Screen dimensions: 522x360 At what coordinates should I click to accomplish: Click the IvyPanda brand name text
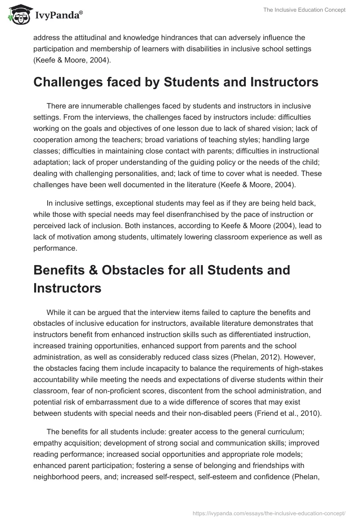tap(58, 15)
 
